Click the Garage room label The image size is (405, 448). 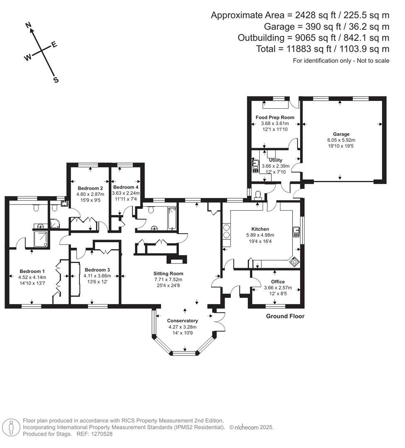(341, 134)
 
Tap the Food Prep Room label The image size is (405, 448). (275, 117)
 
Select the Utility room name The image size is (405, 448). (276, 160)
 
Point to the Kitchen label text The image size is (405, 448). (260, 229)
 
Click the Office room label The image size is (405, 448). (278, 282)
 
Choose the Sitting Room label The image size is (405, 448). (168, 273)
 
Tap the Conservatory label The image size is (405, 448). (183, 321)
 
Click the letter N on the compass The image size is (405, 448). (29, 26)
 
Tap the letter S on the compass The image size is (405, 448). (56, 80)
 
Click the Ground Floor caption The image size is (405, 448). (285, 316)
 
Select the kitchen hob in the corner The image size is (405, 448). (294, 262)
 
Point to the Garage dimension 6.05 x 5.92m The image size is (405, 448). (341, 140)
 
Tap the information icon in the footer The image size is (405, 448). (12, 427)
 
